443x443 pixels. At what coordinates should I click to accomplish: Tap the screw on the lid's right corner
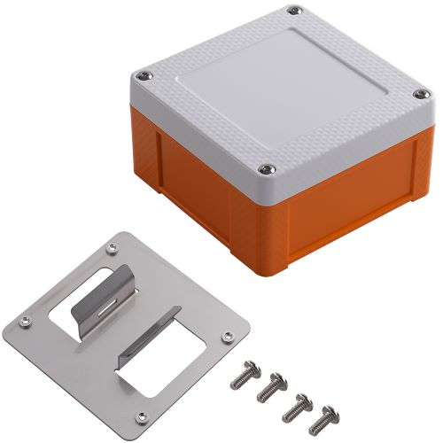pos(416,95)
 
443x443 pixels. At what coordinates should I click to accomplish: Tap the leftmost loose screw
pos(241,379)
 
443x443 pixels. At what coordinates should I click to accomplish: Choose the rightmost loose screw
pos(328,414)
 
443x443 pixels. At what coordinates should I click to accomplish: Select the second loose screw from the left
pos(271,386)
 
